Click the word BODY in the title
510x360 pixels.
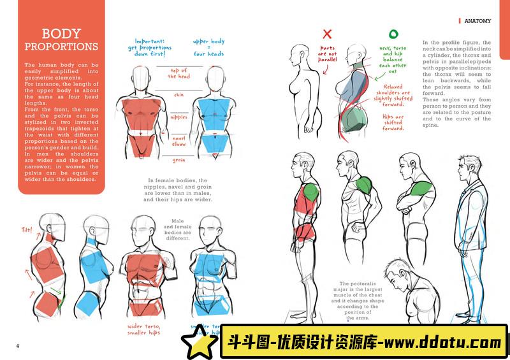[61, 34]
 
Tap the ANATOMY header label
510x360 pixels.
[477, 21]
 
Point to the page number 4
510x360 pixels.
[18, 346]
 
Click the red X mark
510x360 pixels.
[328, 34]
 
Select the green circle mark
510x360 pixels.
[393, 34]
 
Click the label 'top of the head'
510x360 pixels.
[178, 73]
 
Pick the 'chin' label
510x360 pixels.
[179, 96]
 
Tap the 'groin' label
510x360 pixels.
[179, 160]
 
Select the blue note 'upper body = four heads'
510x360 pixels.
[208, 48]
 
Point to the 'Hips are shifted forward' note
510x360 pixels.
[393, 122]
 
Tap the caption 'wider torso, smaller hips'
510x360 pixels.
[143, 329]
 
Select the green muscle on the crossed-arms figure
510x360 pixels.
[419, 188]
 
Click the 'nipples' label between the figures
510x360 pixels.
[179, 117]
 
